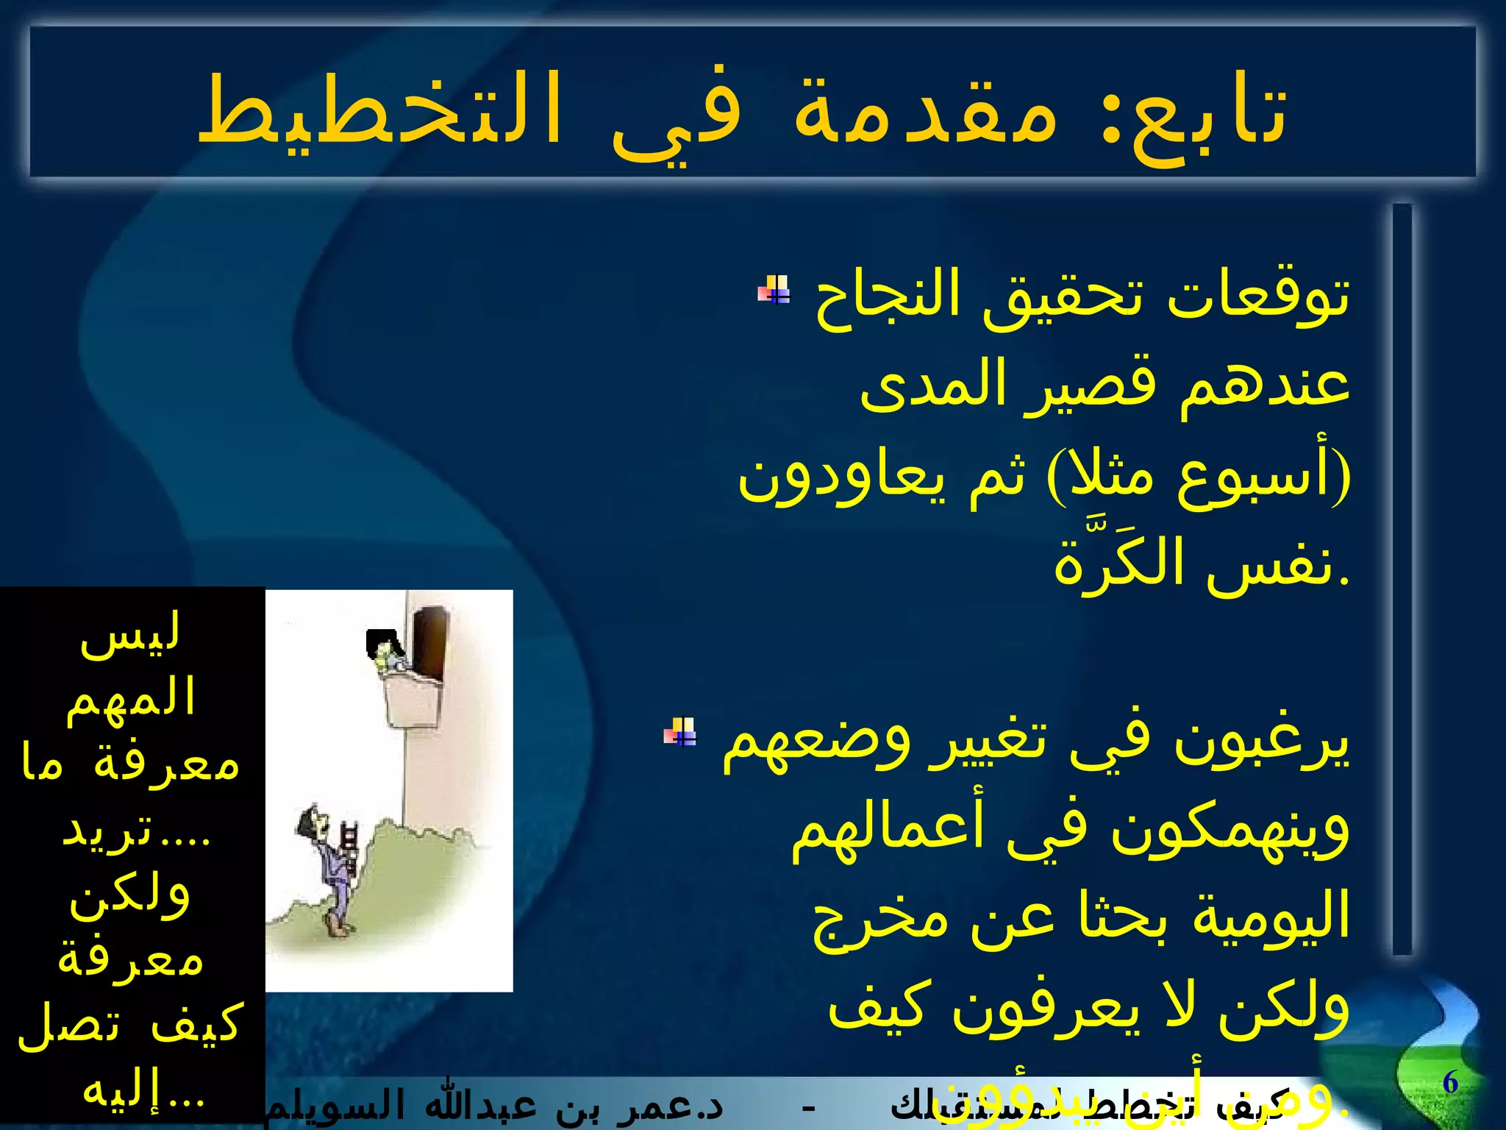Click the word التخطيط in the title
pyautogui.click(x=379, y=110)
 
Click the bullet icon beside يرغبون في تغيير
pyautogui.click(x=679, y=731)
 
